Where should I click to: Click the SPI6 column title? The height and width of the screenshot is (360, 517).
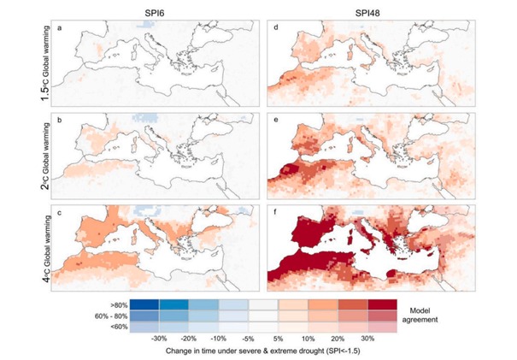tap(155, 9)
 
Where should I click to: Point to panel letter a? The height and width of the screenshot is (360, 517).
tap(59, 30)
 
